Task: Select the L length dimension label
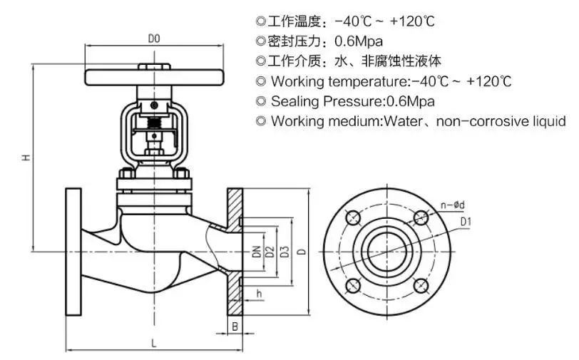[x=153, y=343]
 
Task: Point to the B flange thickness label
[x=235, y=326]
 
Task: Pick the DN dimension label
[x=255, y=251]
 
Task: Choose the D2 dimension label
[x=269, y=251]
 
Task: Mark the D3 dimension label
[x=284, y=251]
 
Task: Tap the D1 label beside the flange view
[x=466, y=222]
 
